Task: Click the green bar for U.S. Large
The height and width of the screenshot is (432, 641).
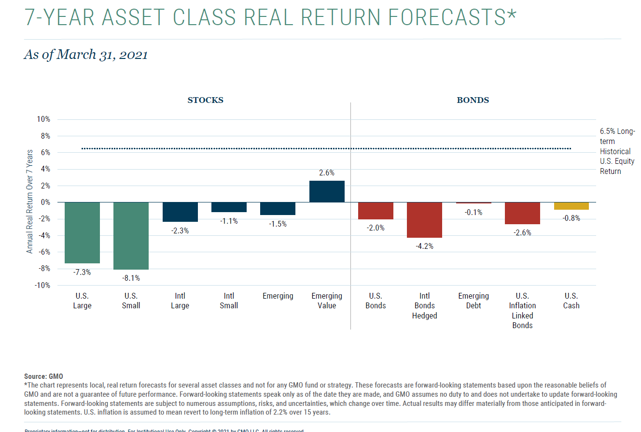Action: [82, 232]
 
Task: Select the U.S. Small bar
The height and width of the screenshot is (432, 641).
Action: [131, 235]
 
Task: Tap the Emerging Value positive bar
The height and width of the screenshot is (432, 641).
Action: [327, 191]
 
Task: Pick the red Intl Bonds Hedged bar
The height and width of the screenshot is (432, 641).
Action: [424, 220]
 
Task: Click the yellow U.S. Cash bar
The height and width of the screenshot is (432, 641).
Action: [571, 206]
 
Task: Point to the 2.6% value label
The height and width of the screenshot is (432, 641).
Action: [327, 173]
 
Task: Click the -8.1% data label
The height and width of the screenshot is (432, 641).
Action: [131, 278]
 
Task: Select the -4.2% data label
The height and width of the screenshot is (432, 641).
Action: [424, 246]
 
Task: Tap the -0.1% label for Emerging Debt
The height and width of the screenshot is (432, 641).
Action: [474, 212]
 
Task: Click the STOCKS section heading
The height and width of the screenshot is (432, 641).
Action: [205, 101]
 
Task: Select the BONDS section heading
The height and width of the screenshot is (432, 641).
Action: [473, 101]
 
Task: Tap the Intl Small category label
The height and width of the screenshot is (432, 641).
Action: [229, 301]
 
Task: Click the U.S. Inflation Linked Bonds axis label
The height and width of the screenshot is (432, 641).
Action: [522, 311]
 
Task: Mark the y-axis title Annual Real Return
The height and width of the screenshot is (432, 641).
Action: [30, 201]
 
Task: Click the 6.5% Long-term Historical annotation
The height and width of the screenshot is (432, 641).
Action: [617, 151]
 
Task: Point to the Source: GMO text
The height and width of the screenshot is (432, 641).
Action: [43, 376]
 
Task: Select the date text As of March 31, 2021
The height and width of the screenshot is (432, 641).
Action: [85, 55]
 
